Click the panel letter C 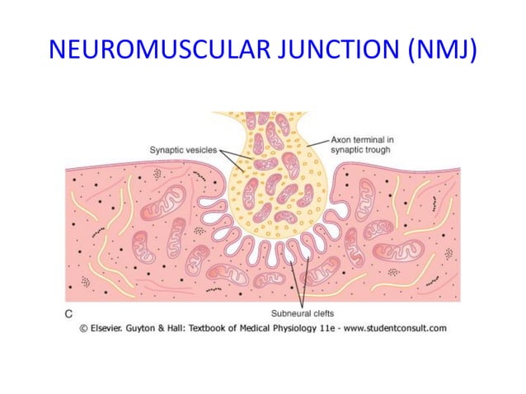click(69, 313)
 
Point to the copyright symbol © click(83, 327)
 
